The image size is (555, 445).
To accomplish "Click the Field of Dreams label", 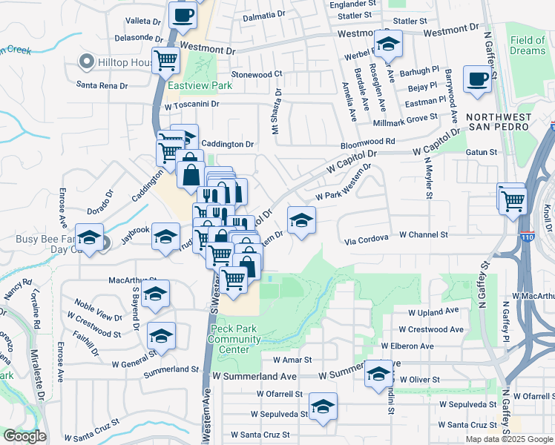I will (528, 45).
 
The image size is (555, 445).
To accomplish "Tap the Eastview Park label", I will (200, 85).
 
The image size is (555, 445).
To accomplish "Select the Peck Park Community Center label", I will (235, 334).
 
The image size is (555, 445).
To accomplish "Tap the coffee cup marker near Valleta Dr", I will (183, 15).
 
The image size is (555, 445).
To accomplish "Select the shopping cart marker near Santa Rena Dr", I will (166, 61).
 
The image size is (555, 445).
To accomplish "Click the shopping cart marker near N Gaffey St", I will (513, 200).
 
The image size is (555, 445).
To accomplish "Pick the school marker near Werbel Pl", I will (387, 44).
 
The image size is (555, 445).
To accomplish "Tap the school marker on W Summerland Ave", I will (378, 374).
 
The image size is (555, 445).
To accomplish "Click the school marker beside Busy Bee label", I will (90, 238).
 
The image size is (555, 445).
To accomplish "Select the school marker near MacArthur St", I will (156, 294).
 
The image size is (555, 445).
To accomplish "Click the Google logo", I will (24, 436).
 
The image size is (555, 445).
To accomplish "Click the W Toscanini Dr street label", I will (191, 105).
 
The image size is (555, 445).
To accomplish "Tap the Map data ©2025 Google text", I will (509, 439).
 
